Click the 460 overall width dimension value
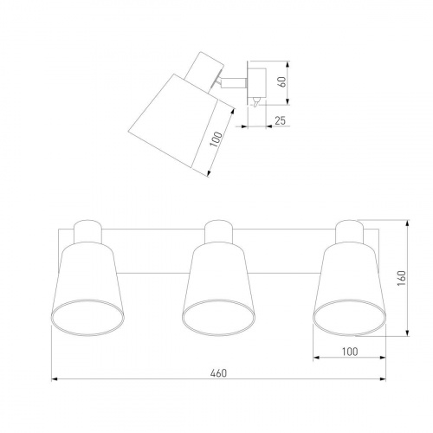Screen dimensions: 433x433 (218, 373)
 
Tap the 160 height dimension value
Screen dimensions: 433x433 (402, 278)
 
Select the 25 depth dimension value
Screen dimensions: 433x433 (280, 120)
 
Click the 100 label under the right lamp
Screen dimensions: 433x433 (350, 352)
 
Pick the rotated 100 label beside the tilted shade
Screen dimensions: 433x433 (216, 139)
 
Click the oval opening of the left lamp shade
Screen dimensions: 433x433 (87, 318)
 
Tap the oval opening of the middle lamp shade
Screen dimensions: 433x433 (218, 318)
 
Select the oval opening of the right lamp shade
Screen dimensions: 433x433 (350, 318)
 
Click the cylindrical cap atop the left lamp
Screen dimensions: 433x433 (87, 232)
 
